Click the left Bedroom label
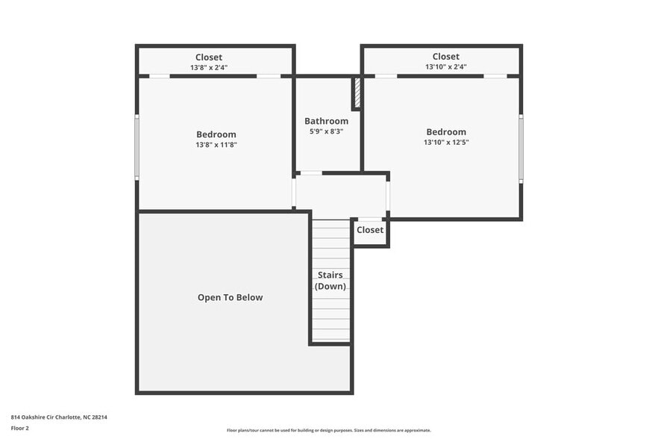pos(216,134)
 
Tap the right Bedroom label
pos(446,132)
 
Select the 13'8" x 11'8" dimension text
pos(216,145)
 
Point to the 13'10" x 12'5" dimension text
pos(446,142)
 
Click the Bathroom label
pos(326,121)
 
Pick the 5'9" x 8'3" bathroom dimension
pos(326,131)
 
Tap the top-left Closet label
pos(209,57)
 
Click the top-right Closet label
pos(445,57)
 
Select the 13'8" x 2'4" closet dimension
pos(209,67)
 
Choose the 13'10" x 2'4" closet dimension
pos(445,66)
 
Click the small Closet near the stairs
pos(370,230)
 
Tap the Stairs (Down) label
pos(330,281)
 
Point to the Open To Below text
pos(230,297)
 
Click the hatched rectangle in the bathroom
pos(357,92)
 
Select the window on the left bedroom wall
pos(137,146)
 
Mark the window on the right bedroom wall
pos(521,148)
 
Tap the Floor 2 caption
pos(19,428)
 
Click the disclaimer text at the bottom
pos(329,430)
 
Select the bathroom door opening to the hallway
pos(311,173)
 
